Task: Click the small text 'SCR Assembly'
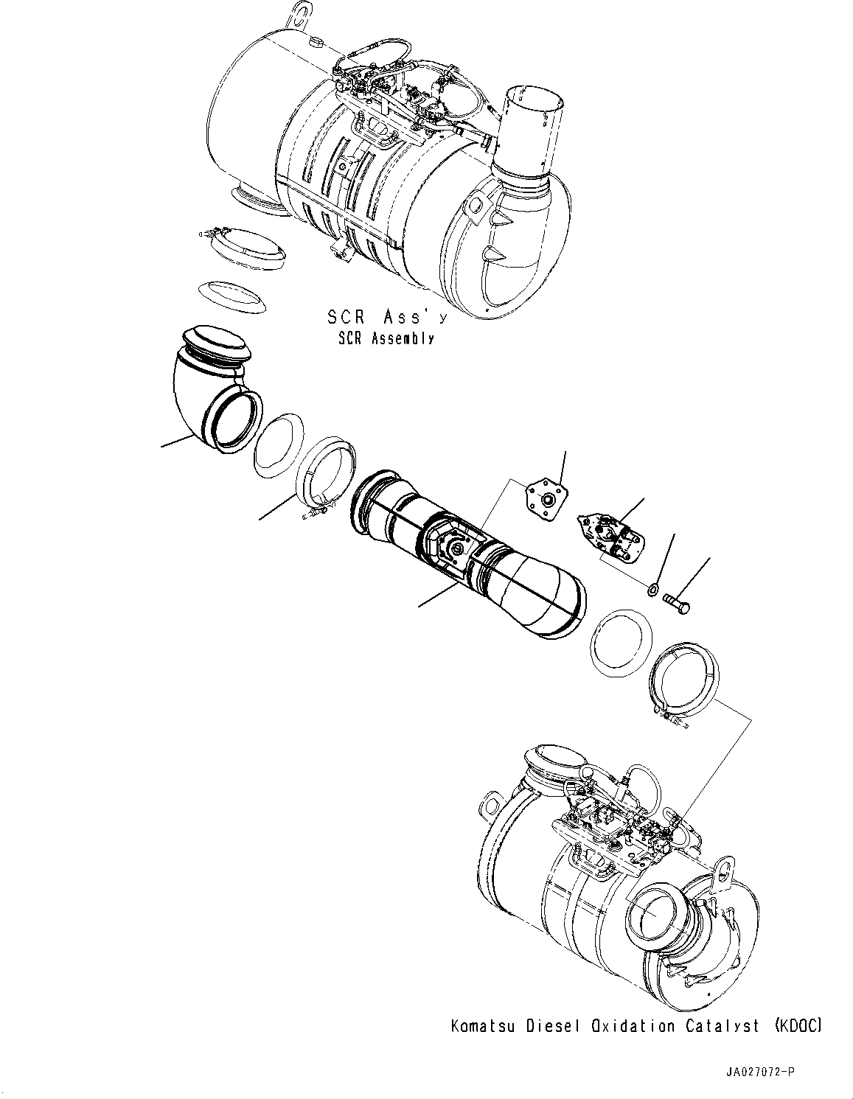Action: point(386,338)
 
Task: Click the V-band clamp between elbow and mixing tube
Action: point(325,476)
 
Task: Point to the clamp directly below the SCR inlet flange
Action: point(244,245)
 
